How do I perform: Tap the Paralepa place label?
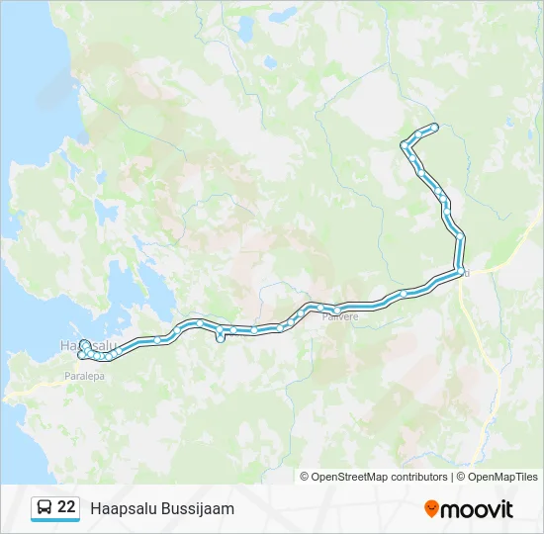pos(82,377)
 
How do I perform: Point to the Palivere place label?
pos(338,316)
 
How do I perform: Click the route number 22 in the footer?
pos(66,507)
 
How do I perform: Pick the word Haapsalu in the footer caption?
pos(121,508)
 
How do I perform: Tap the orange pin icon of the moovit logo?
pos(431,508)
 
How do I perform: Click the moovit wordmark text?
pos(477,509)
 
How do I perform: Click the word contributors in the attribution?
pos(420,477)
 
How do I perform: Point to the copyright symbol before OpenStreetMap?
pos(305,477)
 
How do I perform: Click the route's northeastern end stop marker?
pos(434,126)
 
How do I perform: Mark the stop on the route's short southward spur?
pos(220,339)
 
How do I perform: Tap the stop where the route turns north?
pos(461,271)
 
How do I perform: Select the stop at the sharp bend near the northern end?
pos(404,146)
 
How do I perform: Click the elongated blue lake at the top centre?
pos(244,27)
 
